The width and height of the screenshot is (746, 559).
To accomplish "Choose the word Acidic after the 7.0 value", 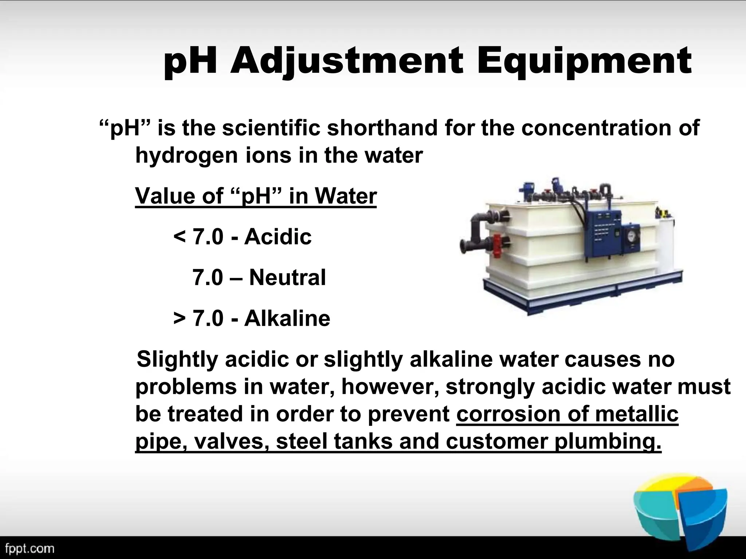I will (278, 237).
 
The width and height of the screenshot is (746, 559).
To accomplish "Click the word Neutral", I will (287, 277).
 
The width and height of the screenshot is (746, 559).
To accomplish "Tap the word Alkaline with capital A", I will (287, 318).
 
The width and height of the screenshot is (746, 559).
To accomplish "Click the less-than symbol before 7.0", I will (180, 237).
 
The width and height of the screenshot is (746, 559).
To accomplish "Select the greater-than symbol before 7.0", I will (180, 318).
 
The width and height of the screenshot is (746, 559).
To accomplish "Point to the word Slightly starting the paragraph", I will (177, 360).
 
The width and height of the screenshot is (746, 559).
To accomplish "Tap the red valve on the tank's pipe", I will (497, 242).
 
